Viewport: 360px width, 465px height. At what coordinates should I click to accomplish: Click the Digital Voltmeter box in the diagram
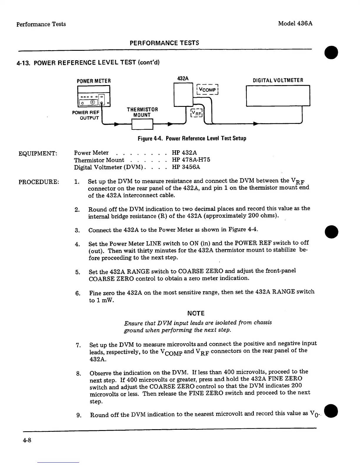tap(278, 95)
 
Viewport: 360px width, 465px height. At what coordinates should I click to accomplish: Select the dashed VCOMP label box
tap(207, 90)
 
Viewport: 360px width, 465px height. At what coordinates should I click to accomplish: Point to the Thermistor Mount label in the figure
tap(142, 112)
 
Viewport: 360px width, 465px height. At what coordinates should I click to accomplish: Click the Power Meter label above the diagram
tap(94, 81)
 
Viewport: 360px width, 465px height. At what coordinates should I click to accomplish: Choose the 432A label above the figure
tap(183, 78)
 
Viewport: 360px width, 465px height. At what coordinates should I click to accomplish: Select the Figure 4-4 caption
tap(192, 138)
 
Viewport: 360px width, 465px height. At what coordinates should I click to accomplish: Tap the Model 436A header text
tap(295, 23)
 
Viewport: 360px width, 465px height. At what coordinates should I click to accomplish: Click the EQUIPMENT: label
tap(38, 154)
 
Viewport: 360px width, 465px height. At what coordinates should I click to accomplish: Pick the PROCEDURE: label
tap(39, 182)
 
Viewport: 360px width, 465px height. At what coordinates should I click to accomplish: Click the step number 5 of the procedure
tap(78, 272)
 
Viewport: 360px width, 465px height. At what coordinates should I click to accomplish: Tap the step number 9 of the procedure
tap(79, 415)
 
